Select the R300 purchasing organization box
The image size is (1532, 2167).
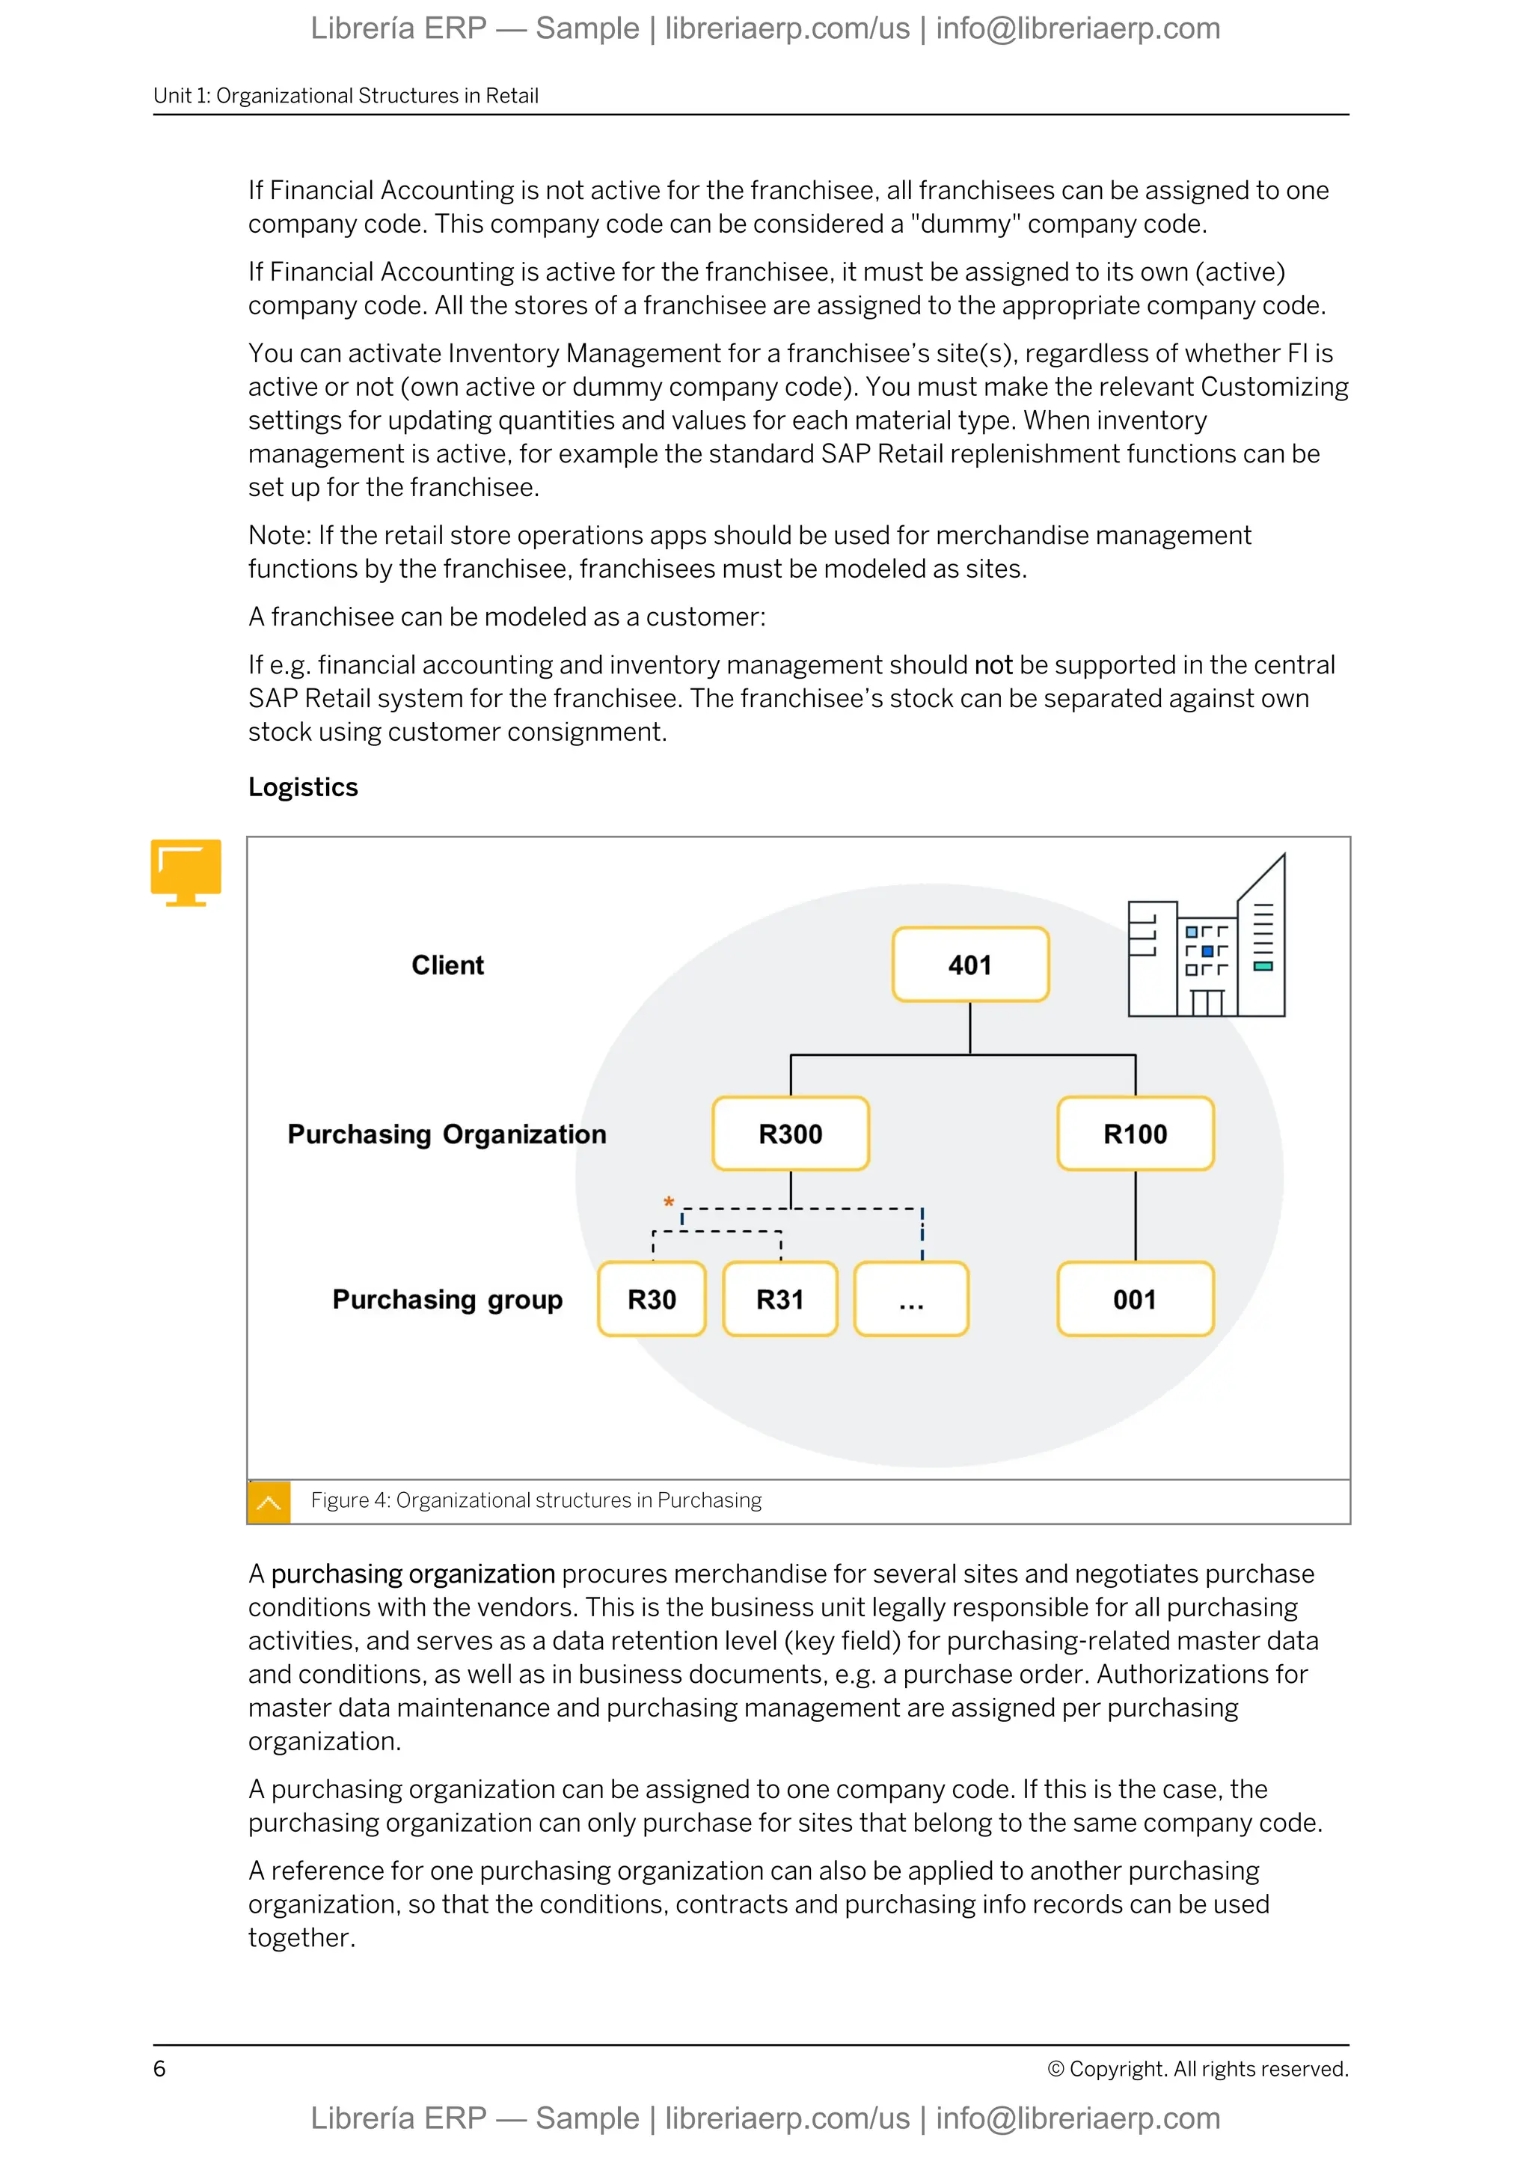(x=791, y=1134)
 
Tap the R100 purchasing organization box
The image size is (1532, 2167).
(x=1135, y=1134)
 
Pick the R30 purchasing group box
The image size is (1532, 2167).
(x=652, y=1300)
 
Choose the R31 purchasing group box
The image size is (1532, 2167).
(x=780, y=1300)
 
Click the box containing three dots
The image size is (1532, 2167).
(x=911, y=1300)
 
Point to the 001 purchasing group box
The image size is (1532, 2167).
(x=1135, y=1300)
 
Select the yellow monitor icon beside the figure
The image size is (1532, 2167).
(x=186, y=871)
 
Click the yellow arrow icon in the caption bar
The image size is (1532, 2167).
(x=269, y=1502)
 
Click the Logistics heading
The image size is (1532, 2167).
(x=303, y=787)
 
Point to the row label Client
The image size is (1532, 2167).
(x=447, y=965)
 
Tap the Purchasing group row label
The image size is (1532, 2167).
(x=447, y=1300)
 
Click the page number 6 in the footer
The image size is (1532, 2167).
(x=159, y=2069)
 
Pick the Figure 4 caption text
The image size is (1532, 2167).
(x=536, y=1501)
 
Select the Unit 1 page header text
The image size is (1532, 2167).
(x=346, y=95)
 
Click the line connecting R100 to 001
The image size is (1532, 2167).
(x=1135, y=1216)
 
